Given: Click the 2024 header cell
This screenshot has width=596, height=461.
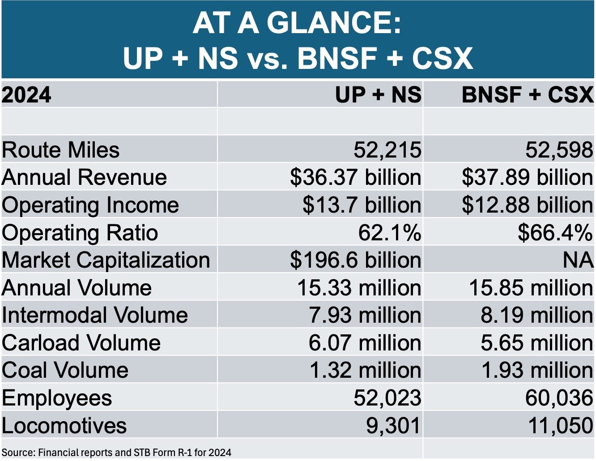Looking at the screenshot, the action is (x=26, y=94).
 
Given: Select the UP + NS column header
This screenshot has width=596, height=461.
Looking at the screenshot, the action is (x=378, y=94).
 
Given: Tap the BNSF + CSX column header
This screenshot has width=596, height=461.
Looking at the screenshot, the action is (x=528, y=94).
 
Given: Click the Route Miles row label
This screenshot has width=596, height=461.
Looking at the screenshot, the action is (x=60, y=150).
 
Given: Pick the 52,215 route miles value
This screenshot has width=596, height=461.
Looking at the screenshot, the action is (x=387, y=150).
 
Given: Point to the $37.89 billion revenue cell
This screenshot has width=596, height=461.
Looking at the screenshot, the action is (x=528, y=177).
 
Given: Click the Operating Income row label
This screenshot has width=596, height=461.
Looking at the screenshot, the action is (x=90, y=205).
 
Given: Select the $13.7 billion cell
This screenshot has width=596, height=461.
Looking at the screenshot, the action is (x=362, y=205).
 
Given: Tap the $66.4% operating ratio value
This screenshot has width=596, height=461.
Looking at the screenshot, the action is (x=555, y=233).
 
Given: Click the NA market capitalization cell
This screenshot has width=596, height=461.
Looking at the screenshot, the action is (x=578, y=260).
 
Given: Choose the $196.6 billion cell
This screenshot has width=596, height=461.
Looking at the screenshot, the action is (x=356, y=260).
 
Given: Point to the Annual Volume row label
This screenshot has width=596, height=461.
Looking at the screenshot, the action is (x=77, y=287).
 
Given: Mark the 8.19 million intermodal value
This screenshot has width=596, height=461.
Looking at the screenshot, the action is (x=537, y=315).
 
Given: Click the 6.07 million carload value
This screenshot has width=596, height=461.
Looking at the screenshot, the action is (x=365, y=342).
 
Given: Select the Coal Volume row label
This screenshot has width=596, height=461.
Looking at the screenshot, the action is (x=65, y=370).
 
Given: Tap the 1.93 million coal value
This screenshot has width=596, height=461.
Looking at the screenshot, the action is (x=537, y=370).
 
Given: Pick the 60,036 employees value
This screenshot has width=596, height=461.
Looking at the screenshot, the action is (x=559, y=397).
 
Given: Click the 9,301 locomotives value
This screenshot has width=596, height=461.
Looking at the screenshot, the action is (x=393, y=425).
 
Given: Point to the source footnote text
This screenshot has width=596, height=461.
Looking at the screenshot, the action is (x=116, y=452).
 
